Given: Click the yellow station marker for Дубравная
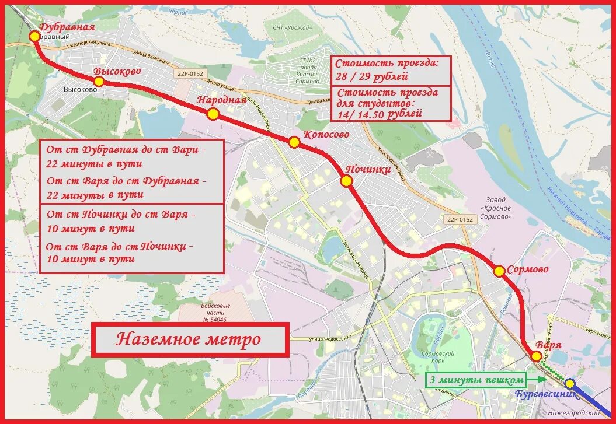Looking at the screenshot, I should (x=34, y=36).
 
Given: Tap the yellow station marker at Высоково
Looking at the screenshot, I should (x=99, y=82).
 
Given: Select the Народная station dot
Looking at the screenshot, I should (x=213, y=114).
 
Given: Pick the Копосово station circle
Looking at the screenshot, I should (x=294, y=142).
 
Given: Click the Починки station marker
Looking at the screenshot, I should (x=346, y=181).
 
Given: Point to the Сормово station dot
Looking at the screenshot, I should (x=499, y=271).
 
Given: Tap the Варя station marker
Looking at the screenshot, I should (x=536, y=356).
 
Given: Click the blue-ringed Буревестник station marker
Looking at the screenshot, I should (x=570, y=383).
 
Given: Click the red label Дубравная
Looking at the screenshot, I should (x=67, y=27).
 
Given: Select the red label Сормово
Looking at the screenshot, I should (x=527, y=270).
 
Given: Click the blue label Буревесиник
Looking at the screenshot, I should (x=546, y=394).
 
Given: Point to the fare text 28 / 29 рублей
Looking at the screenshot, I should (x=371, y=76).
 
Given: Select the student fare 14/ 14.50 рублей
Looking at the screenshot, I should (x=378, y=114).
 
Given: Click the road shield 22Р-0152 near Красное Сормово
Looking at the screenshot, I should (x=460, y=219).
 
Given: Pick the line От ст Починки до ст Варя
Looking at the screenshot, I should (x=120, y=214).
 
